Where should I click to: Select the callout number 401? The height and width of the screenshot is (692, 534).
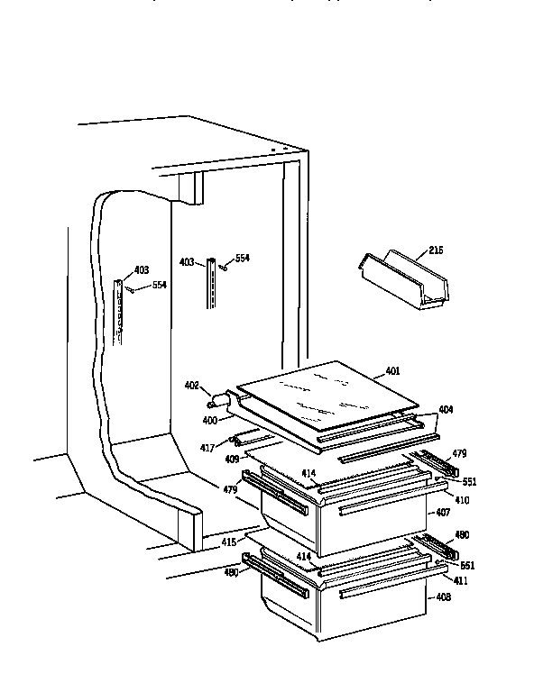coord(391,371)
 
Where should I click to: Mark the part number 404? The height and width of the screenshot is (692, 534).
coord(446,410)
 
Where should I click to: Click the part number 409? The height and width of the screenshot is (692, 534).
coord(231,459)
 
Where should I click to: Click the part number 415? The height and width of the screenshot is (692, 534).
coord(228,542)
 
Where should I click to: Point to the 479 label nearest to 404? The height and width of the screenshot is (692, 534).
coord(459,453)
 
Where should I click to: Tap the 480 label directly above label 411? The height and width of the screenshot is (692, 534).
coord(462,535)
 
